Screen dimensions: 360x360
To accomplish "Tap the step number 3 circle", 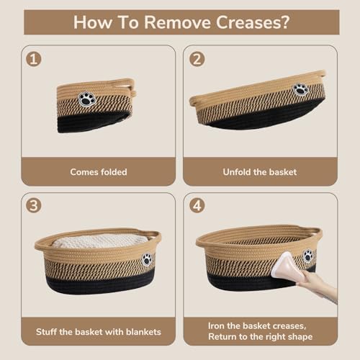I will pos(33,205).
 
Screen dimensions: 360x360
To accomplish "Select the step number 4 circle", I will pos(195,205).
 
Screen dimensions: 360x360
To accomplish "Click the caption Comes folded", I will pos(98,172).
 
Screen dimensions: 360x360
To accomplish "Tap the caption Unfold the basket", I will pos(261,172).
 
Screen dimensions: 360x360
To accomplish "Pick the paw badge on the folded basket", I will pos(87,99).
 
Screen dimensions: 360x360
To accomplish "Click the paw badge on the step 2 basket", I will pos(300,89).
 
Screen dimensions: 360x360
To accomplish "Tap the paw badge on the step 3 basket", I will pos(146,259).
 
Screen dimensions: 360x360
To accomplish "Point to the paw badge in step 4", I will pos(307,256).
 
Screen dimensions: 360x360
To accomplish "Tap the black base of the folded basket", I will pos(94,123).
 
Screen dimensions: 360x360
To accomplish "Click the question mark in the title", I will pos(286,22).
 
